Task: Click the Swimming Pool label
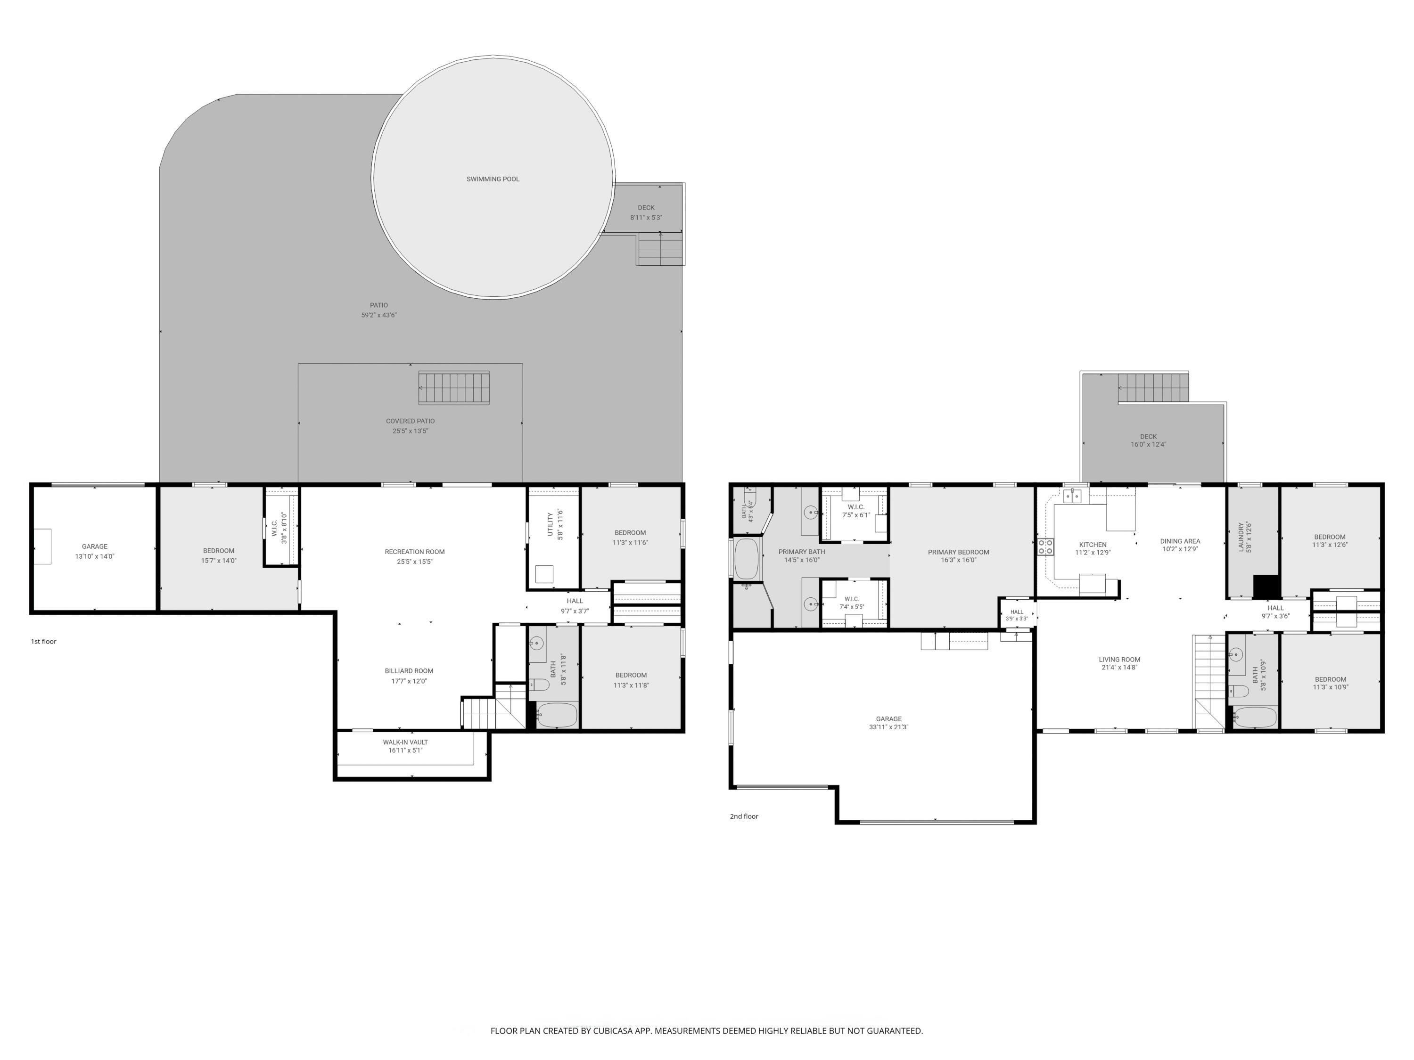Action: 493,179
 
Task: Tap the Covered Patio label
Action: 411,421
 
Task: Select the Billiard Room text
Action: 409,671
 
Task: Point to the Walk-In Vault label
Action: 405,742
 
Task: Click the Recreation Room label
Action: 415,551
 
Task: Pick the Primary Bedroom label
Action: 958,552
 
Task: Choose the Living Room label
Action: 1119,660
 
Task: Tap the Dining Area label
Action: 1180,541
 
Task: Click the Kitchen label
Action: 1093,545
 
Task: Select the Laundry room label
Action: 1241,537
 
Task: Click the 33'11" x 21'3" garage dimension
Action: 888,727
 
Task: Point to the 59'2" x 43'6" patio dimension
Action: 379,315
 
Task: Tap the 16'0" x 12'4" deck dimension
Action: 1148,445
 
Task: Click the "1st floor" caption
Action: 43,642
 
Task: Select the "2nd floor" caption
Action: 744,816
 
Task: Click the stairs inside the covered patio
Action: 454,388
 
